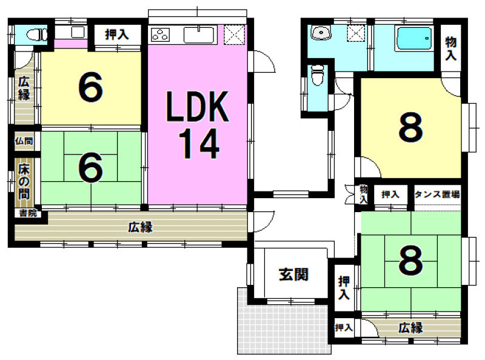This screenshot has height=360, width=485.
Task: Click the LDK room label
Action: (x=198, y=107)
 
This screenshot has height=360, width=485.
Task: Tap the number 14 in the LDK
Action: (x=198, y=144)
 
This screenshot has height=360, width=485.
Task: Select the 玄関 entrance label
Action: (x=293, y=275)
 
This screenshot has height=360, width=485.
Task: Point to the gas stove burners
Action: (x=160, y=35)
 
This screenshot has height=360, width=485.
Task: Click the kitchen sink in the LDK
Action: (x=199, y=35)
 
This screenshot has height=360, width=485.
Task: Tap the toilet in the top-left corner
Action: (x=36, y=34)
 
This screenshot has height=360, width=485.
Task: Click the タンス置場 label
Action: (x=437, y=195)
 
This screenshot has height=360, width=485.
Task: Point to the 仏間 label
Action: (x=24, y=141)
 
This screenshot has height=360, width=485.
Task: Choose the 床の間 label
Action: (x=24, y=182)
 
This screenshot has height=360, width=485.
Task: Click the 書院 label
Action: (x=28, y=213)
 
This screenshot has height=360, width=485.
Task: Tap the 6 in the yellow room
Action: (x=90, y=87)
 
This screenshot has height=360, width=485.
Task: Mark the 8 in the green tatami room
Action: (x=410, y=260)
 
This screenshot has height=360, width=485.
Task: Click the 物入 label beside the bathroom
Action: (x=450, y=48)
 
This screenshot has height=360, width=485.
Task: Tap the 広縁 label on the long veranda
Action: (x=141, y=227)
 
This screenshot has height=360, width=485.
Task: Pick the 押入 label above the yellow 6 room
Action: (x=116, y=34)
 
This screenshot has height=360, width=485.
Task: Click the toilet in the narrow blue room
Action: (x=317, y=75)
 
